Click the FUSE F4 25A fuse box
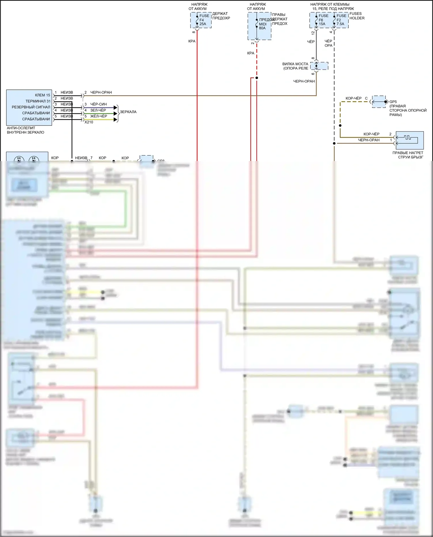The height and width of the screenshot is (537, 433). (x=201, y=20)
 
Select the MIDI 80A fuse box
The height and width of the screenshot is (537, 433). (x=259, y=26)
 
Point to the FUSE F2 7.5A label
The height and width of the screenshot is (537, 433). (x=341, y=20)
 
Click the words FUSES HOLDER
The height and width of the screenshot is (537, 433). (x=357, y=16)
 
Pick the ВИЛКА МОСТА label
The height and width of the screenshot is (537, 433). (x=295, y=64)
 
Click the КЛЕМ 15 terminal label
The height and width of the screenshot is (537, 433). (x=42, y=95)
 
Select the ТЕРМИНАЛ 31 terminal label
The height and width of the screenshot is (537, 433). (x=38, y=101)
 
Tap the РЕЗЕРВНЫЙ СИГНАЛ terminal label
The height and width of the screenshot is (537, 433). (x=31, y=107)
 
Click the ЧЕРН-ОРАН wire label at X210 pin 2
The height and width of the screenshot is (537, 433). (x=101, y=92)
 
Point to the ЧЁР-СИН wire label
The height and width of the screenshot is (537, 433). (x=98, y=104)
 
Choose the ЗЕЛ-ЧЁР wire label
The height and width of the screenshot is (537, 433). (x=98, y=110)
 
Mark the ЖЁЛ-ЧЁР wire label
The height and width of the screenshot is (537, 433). (x=99, y=116)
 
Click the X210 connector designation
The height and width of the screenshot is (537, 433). (x=89, y=122)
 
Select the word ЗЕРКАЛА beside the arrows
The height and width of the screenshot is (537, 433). (x=128, y=112)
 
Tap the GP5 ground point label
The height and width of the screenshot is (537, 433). (x=393, y=102)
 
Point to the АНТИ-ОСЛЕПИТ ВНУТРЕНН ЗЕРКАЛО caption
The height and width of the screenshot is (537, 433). (x=25, y=130)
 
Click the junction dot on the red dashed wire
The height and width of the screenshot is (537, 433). (x=257, y=78)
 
